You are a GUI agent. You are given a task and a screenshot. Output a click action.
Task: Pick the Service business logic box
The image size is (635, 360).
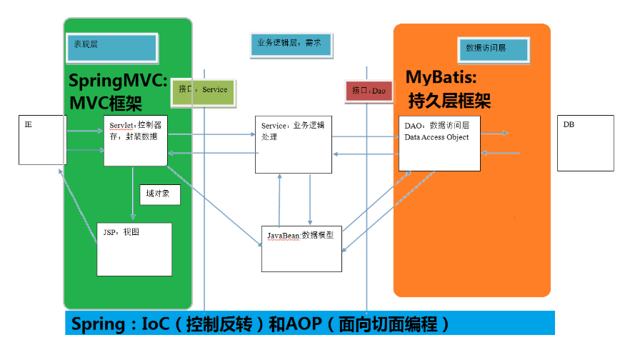pos(293,144)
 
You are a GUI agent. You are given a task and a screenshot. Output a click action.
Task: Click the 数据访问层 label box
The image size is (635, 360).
pos(492,49)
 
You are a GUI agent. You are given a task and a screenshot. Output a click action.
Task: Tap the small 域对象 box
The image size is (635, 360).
pos(159,194)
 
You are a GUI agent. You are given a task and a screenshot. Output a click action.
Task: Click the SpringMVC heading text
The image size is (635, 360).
pos(119,79)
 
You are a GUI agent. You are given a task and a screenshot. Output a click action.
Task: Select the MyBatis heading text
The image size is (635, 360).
pos(441,76)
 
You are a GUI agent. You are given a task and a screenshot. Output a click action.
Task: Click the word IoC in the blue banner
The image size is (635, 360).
pos(156,324)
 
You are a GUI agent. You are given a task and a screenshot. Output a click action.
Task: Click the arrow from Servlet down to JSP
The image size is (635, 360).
pos(133,193)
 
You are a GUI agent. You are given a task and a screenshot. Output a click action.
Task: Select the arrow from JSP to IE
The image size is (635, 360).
pos(79,207)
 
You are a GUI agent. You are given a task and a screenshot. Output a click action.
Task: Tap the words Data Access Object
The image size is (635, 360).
pos(436,137)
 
